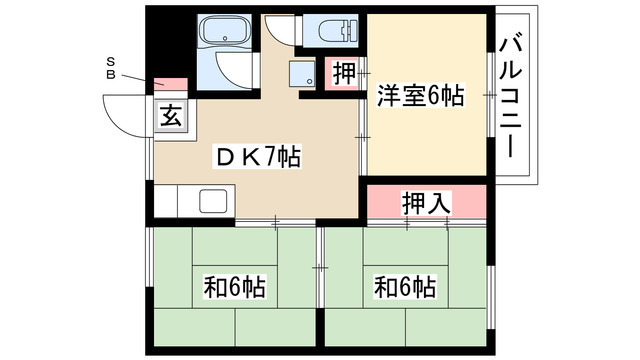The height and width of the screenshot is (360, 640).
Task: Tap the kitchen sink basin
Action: click(x=215, y=200)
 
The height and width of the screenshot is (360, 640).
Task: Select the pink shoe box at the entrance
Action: click(x=170, y=86)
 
